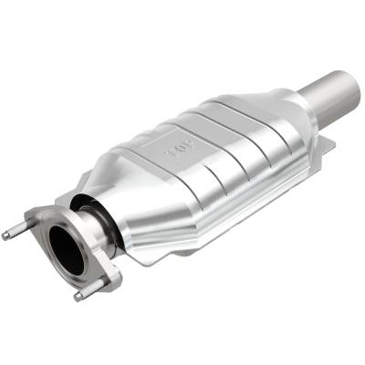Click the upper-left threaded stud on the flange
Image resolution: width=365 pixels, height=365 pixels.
16,230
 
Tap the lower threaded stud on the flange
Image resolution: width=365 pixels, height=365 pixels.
88,291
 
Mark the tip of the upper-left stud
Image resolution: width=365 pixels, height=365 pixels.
5,235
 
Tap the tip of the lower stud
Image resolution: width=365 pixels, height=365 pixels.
77,297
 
